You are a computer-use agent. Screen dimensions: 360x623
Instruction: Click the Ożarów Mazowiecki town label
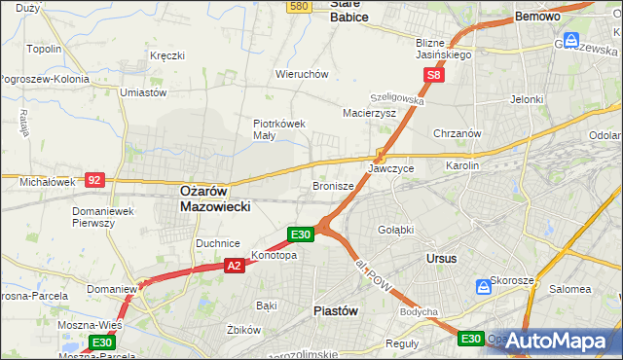click(216, 199)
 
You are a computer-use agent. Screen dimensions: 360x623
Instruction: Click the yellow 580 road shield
click(299, 7)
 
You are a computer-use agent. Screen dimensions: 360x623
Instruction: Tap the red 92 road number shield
click(94, 179)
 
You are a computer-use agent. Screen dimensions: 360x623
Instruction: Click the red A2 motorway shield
click(234, 265)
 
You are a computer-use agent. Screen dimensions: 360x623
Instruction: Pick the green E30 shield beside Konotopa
click(300, 234)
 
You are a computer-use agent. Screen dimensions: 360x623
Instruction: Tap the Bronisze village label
click(333, 185)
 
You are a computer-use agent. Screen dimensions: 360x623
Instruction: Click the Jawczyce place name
click(390, 168)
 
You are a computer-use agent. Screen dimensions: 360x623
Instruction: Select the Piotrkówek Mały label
click(279, 129)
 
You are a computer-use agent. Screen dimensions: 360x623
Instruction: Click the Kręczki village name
click(166, 55)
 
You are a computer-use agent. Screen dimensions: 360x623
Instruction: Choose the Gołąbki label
click(395, 230)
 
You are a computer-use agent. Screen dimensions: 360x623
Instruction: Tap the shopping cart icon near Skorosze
click(484, 288)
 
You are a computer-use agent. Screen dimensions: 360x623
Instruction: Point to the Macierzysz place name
click(369, 113)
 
